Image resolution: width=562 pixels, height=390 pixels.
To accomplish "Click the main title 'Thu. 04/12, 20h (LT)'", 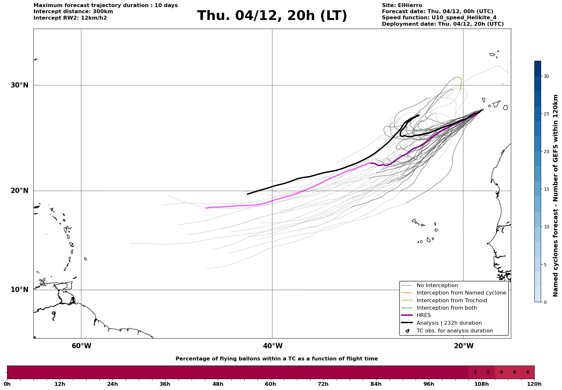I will click(x=272, y=16).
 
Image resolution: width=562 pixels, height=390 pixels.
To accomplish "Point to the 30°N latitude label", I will click(x=19, y=85).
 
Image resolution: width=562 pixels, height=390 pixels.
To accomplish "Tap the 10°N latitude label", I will click(x=19, y=290).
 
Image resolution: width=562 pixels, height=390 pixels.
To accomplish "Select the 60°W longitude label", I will click(x=81, y=346).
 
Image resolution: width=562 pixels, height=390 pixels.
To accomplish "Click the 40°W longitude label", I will click(x=273, y=346).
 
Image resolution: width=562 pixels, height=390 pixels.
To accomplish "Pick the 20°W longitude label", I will click(x=464, y=346).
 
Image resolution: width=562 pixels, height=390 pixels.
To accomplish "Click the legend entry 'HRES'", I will click(x=423, y=315).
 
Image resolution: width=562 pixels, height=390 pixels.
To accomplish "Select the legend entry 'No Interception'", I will click(x=437, y=286).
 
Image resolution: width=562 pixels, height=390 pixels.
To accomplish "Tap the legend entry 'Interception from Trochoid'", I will click(x=451, y=301).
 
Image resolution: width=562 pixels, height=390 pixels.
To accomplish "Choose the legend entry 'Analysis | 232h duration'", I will click(x=449, y=323).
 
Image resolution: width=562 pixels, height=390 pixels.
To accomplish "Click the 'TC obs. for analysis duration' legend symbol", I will click(x=407, y=331).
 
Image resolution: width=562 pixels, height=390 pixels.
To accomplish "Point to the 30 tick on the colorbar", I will click(x=546, y=76).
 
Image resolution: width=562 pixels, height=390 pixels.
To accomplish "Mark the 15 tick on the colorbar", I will click(x=546, y=189).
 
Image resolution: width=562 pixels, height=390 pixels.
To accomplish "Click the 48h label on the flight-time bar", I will click(x=218, y=384).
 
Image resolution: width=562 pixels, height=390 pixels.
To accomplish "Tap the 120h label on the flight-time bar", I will click(x=534, y=384).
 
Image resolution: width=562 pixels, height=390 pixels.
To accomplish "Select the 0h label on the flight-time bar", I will click(x=7, y=384).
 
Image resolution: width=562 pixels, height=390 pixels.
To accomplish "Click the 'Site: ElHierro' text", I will click(x=402, y=5).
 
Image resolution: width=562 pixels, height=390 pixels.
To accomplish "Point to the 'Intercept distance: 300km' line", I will click(x=73, y=12).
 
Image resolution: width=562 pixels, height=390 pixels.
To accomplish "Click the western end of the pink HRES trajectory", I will click(x=206, y=208).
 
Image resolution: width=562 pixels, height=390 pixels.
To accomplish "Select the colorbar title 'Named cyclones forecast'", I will click(x=555, y=195).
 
